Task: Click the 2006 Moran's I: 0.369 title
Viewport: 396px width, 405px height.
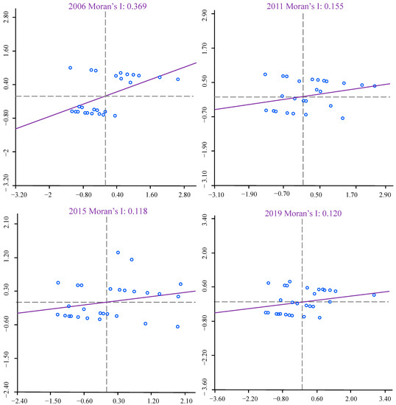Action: coord(107,6)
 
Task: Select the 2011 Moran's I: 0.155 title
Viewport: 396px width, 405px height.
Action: coord(305,6)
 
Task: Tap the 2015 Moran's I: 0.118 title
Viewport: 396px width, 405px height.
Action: coord(108,211)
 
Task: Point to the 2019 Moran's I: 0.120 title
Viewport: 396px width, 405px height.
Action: coord(303,214)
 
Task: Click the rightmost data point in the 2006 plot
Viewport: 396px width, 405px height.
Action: coord(178,80)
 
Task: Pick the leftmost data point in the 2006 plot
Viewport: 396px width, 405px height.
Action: coord(70,68)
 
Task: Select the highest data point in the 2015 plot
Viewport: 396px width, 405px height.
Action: coord(118,253)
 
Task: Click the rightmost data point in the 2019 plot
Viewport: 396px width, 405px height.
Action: coord(374,295)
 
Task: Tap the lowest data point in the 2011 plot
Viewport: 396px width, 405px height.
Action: coord(342,118)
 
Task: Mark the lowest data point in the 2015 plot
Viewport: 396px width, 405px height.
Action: coord(177,326)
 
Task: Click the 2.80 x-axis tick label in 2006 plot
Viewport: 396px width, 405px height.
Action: coord(184,194)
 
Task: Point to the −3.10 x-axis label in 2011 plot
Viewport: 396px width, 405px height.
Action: coord(216,194)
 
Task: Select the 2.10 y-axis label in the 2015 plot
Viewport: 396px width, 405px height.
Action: coord(7,222)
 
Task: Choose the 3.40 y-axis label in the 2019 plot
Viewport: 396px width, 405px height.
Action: coord(205,219)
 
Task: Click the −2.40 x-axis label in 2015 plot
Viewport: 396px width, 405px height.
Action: coord(19,401)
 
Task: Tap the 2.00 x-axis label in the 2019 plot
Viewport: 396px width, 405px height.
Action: coord(351,398)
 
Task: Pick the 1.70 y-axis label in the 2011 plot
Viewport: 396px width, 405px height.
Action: coord(205,48)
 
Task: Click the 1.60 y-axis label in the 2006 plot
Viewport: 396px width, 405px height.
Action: coord(6,52)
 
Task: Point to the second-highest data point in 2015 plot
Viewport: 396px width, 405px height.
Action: coord(132,259)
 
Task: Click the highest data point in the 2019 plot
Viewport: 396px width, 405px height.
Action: coord(290,281)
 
